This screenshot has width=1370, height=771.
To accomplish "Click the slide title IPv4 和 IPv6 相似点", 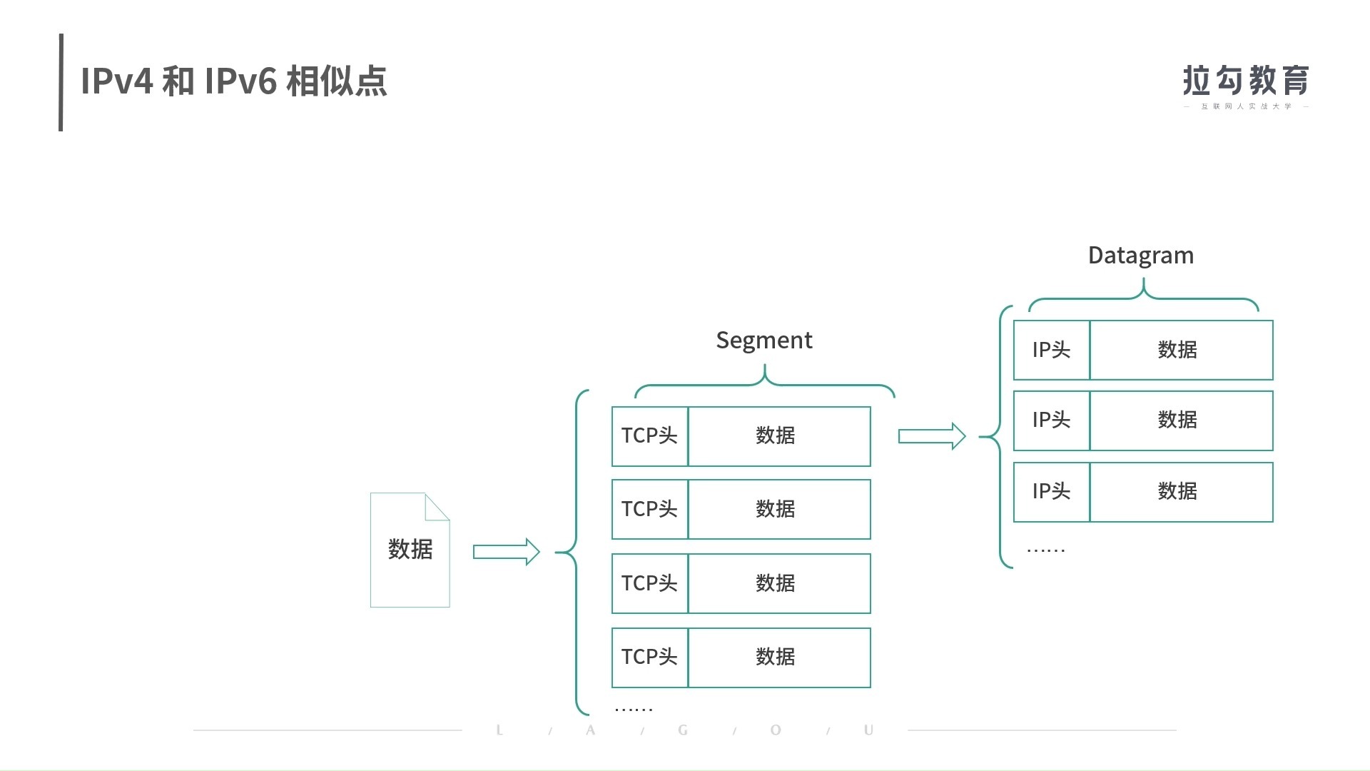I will pyautogui.click(x=234, y=81).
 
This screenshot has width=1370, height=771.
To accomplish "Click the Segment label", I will pyautogui.click(x=763, y=341).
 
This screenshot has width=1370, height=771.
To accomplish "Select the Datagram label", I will pyautogui.click(x=1140, y=256).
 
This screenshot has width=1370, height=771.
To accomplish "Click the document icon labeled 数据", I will pyautogui.click(x=410, y=550).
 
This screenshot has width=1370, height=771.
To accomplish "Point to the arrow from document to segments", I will pyautogui.click(x=506, y=552).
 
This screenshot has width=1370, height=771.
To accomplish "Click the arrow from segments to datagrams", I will pyautogui.click(x=931, y=436).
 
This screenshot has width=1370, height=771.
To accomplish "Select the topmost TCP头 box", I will pyautogui.click(x=649, y=436).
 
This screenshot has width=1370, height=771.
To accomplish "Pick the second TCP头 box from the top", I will pyautogui.click(x=649, y=509).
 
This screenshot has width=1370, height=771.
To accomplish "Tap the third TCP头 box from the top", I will pyautogui.click(x=649, y=583).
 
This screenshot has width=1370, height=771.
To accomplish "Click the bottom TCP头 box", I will pyautogui.click(x=649, y=657).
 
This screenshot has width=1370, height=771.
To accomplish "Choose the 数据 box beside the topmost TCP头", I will pyautogui.click(x=778, y=436).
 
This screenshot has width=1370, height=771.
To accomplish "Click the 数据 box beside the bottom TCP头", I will pyautogui.click(x=778, y=657).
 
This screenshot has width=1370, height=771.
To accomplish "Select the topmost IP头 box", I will pyautogui.click(x=1051, y=350).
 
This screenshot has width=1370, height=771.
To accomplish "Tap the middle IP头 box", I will pyautogui.click(x=1051, y=420).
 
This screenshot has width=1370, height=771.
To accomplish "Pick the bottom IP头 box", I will pyautogui.click(x=1051, y=492).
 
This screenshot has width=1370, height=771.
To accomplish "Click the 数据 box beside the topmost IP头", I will pyautogui.click(x=1181, y=350).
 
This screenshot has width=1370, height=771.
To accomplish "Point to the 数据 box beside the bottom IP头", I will pyautogui.click(x=1181, y=492).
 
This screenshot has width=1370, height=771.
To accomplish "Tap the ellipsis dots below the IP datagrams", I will pyautogui.click(x=1045, y=550).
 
